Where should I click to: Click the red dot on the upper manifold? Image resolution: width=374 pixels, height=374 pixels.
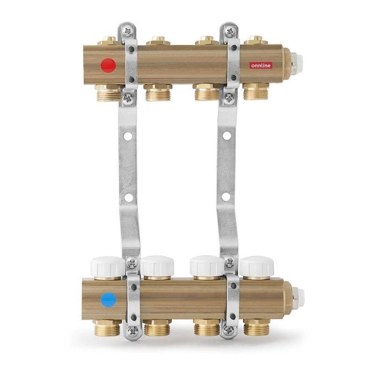click(108, 65)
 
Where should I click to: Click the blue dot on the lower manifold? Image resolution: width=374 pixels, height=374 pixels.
click(108, 300)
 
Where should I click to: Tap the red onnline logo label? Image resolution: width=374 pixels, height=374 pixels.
click(261, 65)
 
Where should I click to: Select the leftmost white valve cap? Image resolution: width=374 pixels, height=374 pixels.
click(108, 267)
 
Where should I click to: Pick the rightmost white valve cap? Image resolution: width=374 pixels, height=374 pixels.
click(257, 266)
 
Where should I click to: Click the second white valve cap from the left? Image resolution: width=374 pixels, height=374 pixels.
click(157, 266)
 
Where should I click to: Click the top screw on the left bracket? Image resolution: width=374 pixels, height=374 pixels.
click(128, 31)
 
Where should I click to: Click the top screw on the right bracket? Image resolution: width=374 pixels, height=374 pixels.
click(230, 31)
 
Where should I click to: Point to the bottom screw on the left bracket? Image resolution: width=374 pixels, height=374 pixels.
click(132, 331)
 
